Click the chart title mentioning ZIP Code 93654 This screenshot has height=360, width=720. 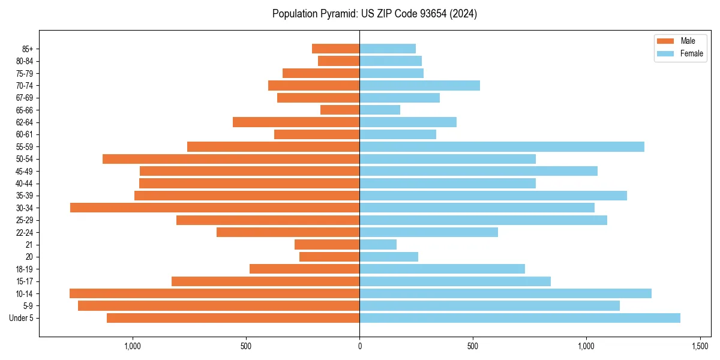pos(374,14)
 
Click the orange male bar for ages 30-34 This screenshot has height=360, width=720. pos(215,208)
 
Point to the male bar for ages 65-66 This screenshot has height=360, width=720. pos(340,110)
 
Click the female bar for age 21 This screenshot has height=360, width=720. pos(378,244)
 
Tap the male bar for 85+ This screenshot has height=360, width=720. pos(335,49)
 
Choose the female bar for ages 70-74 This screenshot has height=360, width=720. pos(419,85)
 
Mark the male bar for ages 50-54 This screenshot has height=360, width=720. pos(231,159)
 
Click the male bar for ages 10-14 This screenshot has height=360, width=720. pos(214,293)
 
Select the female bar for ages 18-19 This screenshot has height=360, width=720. pos(442,269)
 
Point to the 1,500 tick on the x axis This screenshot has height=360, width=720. pos(700,346)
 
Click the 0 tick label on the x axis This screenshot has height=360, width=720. pos(359,346)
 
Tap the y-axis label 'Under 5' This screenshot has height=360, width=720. pos(21,318)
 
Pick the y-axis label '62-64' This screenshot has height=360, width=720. pos(25,122)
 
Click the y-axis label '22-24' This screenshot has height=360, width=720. pos(25,232)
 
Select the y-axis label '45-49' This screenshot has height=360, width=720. pos(25,171)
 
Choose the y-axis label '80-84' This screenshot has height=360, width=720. pos(25,61)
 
